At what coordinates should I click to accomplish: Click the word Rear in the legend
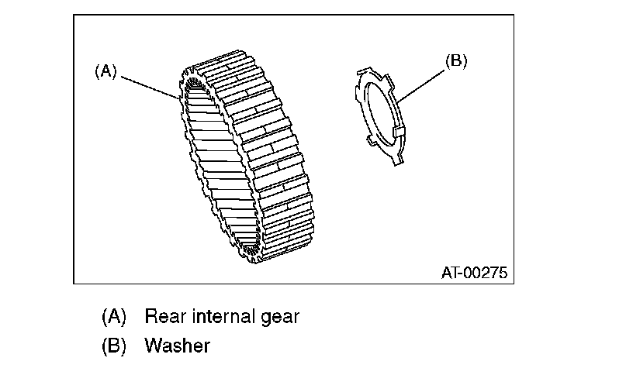(x=164, y=316)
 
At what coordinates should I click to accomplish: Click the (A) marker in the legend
(x=114, y=316)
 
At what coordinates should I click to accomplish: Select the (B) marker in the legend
(x=114, y=346)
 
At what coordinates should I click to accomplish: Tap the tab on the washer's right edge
(x=400, y=131)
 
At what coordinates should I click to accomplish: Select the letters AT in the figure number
(x=451, y=273)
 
